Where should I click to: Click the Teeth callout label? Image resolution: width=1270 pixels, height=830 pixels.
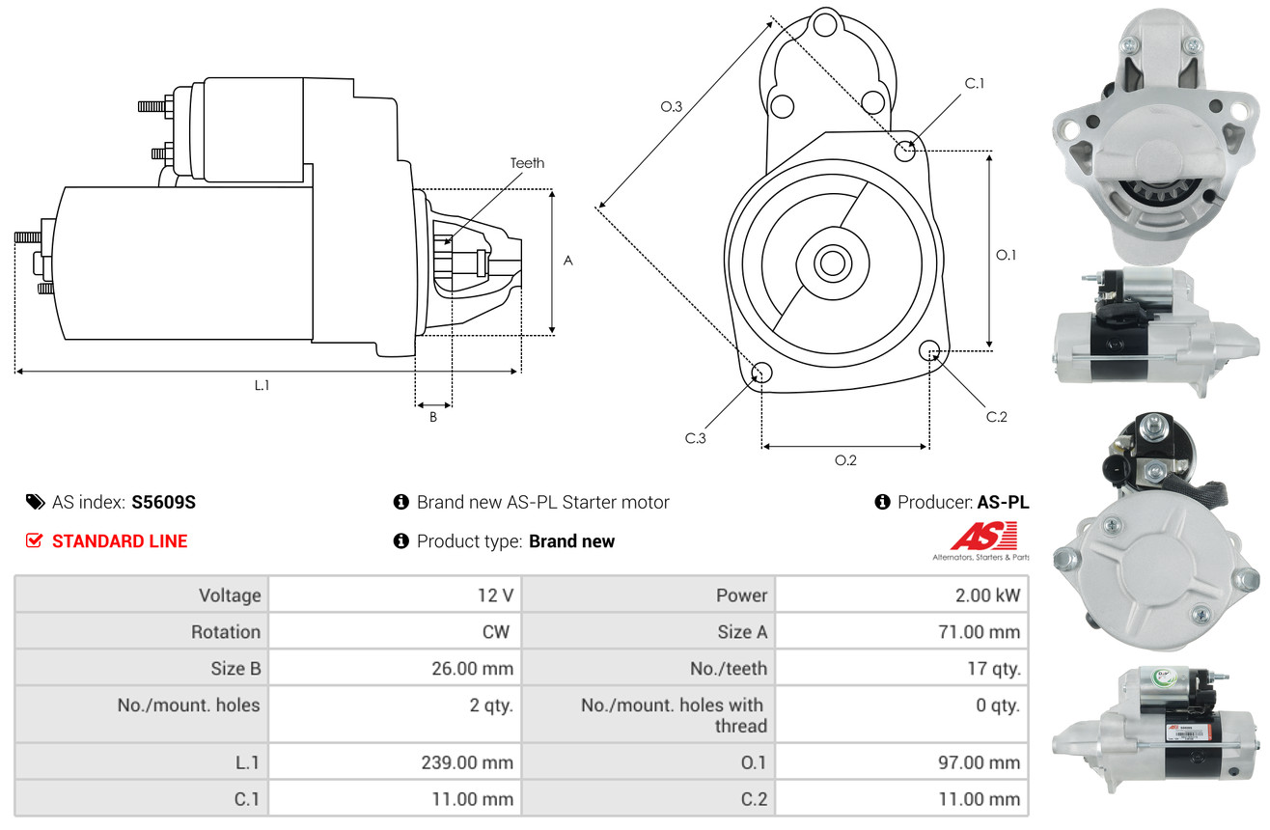527,163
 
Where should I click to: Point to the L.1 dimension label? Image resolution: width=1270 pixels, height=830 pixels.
262,385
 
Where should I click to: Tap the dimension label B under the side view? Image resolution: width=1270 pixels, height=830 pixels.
432,418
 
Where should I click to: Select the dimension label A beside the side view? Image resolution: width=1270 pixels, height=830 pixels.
568,261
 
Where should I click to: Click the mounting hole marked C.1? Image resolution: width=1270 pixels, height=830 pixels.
905,151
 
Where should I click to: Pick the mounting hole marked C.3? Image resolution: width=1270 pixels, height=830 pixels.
761,373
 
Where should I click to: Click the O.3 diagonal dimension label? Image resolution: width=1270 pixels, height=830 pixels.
672,107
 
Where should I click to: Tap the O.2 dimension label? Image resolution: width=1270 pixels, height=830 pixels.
845,460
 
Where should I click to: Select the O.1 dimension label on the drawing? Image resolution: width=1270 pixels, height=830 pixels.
1007,255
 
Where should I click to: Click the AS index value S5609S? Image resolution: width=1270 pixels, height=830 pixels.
164,502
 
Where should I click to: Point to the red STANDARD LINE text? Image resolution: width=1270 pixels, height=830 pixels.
120,541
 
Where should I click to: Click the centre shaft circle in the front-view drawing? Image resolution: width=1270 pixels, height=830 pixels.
830,262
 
